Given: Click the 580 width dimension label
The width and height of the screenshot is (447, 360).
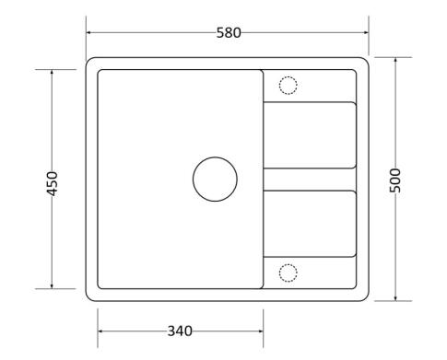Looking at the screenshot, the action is (x=229, y=33).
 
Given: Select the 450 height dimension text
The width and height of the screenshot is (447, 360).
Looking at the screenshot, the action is (x=53, y=184).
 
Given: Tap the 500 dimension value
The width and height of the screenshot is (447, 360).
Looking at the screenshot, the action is (x=395, y=180).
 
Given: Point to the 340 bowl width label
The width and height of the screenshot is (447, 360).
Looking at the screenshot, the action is (x=180, y=331).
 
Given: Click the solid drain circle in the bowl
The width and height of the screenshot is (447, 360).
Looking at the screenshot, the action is (x=194, y=180).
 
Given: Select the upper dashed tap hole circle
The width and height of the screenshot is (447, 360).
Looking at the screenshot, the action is (x=279, y=86).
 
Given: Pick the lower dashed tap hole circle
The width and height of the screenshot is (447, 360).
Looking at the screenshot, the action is (x=279, y=273).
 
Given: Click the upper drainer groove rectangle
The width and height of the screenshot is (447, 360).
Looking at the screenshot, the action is (x=310, y=102).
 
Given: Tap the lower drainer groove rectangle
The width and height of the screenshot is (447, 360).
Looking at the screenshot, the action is (x=310, y=191).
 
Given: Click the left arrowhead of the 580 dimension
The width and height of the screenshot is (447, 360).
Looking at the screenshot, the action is (x=88, y=32).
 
